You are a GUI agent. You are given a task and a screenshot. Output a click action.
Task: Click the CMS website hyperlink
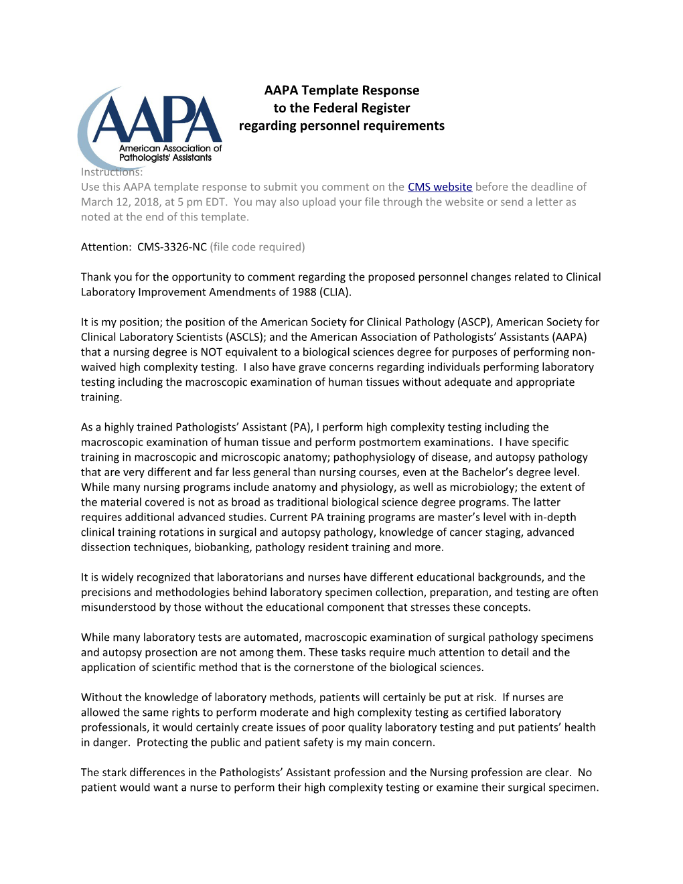(x=440, y=187)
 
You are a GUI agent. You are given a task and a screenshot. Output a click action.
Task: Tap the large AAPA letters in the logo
(x=157, y=121)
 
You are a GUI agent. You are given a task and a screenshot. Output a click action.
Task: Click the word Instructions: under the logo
(x=112, y=172)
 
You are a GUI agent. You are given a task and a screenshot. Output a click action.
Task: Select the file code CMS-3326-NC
(x=172, y=247)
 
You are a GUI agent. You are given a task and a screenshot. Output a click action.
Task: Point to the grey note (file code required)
(x=257, y=247)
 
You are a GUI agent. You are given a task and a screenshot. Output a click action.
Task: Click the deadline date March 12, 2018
(x=120, y=202)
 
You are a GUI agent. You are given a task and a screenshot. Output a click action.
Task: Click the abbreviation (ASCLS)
(x=246, y=337)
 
